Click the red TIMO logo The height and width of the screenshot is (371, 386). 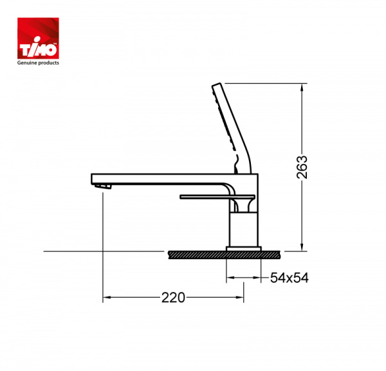(38, 38)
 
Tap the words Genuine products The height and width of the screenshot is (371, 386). (38, 63)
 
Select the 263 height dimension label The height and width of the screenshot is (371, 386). (302, 167)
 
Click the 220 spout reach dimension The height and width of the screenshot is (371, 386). (173, 298)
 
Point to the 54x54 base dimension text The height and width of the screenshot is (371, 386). (289, 278)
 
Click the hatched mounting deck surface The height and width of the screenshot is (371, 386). (224, 255)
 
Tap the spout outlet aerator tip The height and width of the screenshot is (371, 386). (104, 186)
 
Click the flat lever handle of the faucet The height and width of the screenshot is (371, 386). (217, 197)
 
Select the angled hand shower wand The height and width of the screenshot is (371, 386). (232, 128)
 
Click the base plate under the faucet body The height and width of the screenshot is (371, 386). (243, 248)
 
